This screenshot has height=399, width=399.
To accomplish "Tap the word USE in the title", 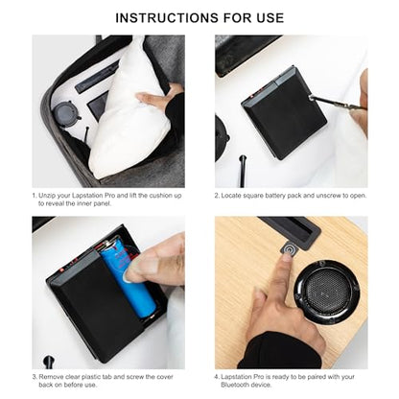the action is click(270, 17).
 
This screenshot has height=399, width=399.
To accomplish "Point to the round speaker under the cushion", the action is click(65, 113).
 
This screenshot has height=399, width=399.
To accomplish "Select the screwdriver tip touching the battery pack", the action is click(313, 97).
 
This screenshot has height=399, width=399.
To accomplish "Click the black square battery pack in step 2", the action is click(284, 112).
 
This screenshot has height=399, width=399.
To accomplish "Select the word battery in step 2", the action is click(275, 196).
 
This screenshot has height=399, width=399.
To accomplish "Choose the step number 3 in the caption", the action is click(35, 377).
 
